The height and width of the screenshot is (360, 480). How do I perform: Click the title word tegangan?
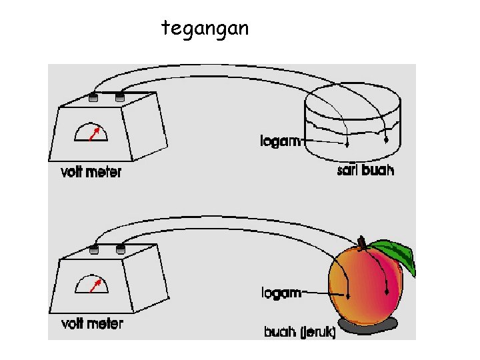[x=205, y=28]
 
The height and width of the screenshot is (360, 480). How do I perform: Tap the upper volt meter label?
[x=91, y=172]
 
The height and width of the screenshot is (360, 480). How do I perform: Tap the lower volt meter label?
[x=92, y=324]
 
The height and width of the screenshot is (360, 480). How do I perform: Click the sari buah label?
[x=365, y=171]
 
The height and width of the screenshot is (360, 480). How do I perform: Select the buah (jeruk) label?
[x=300, y=331]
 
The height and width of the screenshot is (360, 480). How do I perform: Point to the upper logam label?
[x=281, y=141]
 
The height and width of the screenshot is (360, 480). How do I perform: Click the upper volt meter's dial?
[x=92, y=133]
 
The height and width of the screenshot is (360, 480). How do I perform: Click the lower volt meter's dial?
[x=92, y=285]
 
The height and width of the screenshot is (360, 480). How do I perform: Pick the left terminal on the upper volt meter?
[x=94, y=98]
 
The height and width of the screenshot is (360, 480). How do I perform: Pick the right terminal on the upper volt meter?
[x=120, y=98]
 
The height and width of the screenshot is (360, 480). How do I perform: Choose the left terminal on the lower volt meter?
[x=94, y=249]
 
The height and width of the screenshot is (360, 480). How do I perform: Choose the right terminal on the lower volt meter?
[x=121, y=249]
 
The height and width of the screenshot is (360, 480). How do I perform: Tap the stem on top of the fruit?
[x=362, y=241]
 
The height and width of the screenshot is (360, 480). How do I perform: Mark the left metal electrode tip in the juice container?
[x=347, y=143]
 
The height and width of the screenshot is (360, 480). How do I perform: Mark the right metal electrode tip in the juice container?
[x=386, y=141]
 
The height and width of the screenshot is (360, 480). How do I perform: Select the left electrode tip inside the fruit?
[x=348, y=295]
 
